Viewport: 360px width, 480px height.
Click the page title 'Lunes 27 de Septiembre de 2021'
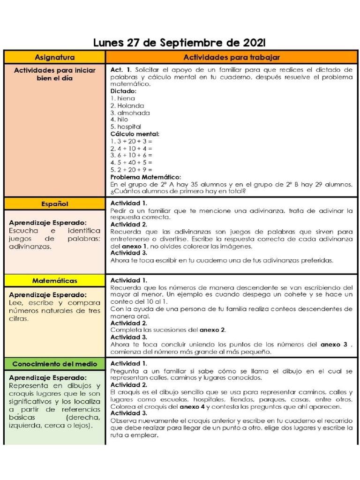pyautogui.click(x=180, y=43)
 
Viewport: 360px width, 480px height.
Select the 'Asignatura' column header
pyautogui.click(x=54, y=57)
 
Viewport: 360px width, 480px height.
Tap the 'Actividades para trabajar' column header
pyautogui.click(x=232, y=57)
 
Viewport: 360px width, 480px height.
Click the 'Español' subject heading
pyautogui.click(x=54, y=204)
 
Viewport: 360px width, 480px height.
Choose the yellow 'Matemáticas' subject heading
pyautogui.click(x=54, y=280)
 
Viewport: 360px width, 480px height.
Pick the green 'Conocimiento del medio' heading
pyautogui.click(x=54, y=364)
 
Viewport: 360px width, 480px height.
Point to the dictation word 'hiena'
pyautogui.click(x=125, y=98)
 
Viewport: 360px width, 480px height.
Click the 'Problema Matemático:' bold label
pyautogui.click(x=145, y=177)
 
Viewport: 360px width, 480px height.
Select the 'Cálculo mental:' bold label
pyautogui.click(x=135, y=134)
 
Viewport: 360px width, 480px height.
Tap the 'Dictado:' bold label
pyautogui.click(x=123, y=91)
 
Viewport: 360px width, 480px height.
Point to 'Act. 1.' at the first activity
pyautogui.click(x=121, y=69)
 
